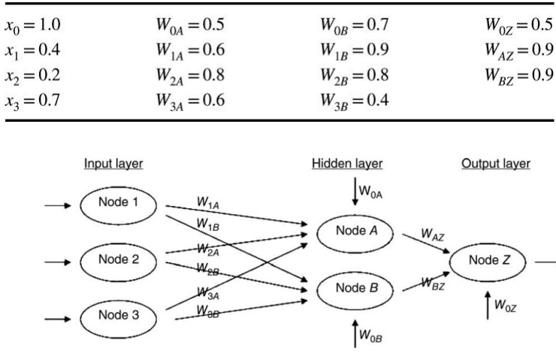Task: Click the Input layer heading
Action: tap(113, 164)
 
